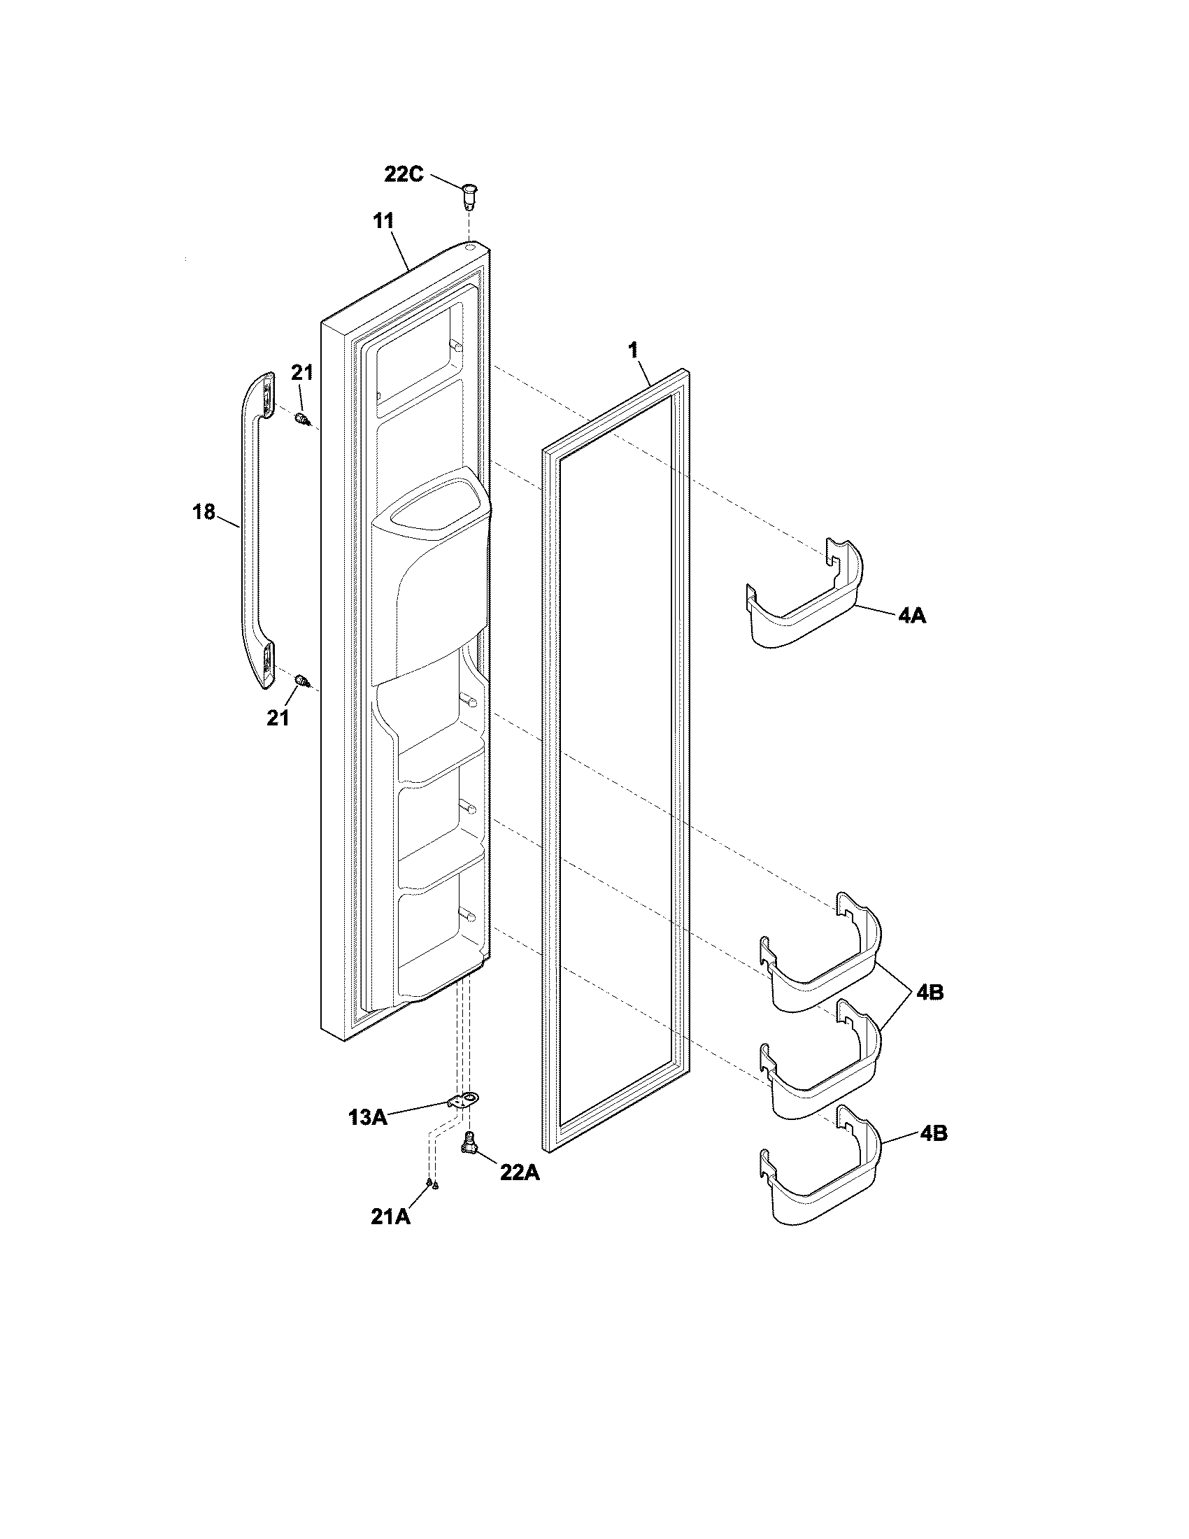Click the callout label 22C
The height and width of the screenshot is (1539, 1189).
click(x=404, y=173)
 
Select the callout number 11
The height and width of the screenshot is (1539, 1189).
click(x=383, y=220)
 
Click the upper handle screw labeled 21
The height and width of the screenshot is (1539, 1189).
click(x=302, y=420)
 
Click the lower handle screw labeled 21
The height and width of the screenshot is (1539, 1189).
click(x=302, y=681)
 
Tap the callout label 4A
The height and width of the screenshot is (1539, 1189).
click(x=911, y=616)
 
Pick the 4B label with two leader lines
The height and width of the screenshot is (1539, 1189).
click(x=930, y=992)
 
